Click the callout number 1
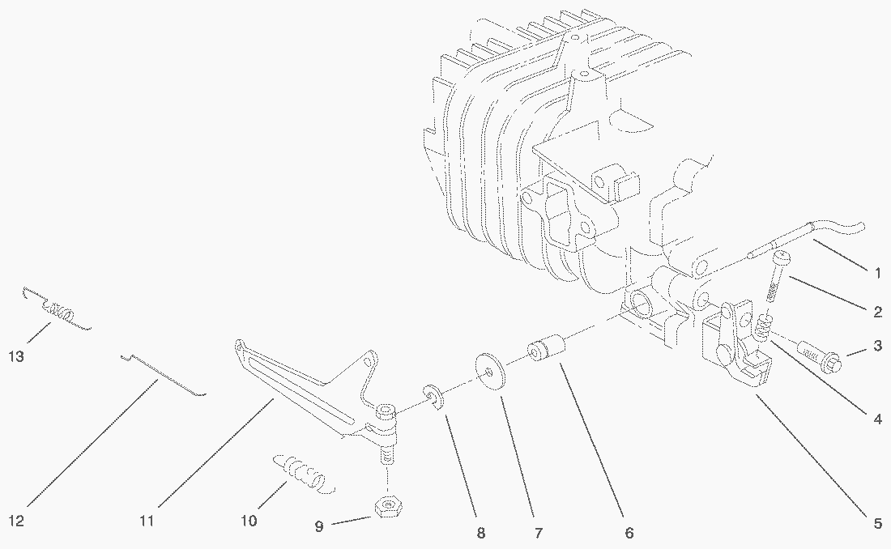pyautogui.click(x=877, y=273)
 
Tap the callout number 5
pyautogui.click(x=877, y=524)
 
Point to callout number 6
pyautogui.click(x=629, y=534)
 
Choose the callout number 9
pyautogui.click(x=319, y=526)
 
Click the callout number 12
pyautogui.click(x=16, y=521)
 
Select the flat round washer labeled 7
pyautogui.click(x=489, y=369)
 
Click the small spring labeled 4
pyautogui.click(x=762, y=328)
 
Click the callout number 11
pyautogui.click(x=146, y=521)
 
